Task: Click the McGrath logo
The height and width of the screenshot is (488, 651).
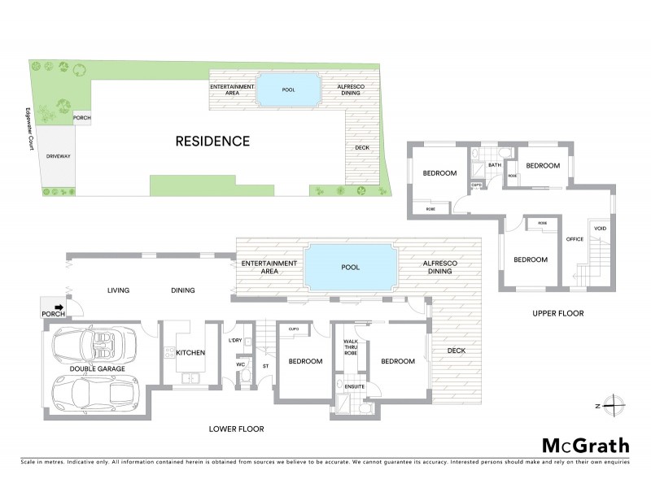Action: (x=585, y=446)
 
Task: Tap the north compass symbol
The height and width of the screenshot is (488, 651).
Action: (x=616, y=405)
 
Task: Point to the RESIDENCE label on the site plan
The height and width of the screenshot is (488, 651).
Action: (x=212, y=141)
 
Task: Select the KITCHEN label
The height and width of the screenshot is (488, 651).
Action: (x=190, y=353)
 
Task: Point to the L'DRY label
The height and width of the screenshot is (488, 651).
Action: (x=236, y=340)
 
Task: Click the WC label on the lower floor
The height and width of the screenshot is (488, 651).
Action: (x=241, y=364)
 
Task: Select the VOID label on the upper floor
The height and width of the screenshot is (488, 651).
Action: (x=601, y=228)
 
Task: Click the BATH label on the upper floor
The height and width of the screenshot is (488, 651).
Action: (x=493, y=166)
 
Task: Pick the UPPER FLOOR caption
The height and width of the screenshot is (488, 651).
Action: (x=557, y=313)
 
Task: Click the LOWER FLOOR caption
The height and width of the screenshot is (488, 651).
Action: (x=236, y=429)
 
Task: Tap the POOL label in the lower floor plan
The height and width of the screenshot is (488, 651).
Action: (x=351, y=267)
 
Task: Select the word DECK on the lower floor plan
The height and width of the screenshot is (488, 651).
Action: (x=456, y=351)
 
